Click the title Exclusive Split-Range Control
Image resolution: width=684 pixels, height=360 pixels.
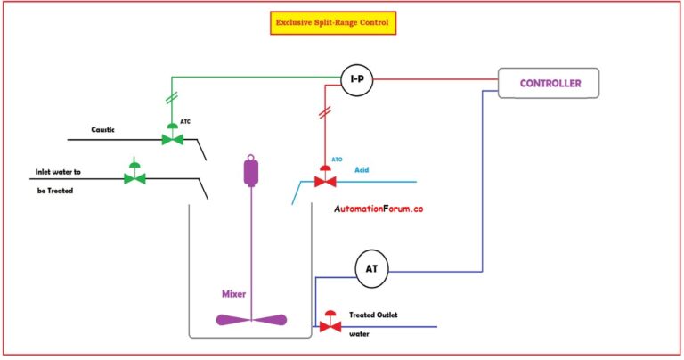point(332,23)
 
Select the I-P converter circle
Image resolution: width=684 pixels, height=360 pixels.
point(356,81)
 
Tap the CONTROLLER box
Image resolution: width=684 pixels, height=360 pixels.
point(550,84)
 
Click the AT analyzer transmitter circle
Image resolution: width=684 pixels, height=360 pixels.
point(371,268)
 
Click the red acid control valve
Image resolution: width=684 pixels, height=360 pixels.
point(325,181)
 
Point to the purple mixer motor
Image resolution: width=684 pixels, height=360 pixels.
point(250,170)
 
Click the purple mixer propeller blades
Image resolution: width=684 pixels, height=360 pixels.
point(250,320)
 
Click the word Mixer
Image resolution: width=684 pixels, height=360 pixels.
point(235,293)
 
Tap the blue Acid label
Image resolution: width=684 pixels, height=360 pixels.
point(363,169)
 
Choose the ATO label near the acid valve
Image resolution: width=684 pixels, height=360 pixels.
point(337,160)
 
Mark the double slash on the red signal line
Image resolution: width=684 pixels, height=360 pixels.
point(324,113)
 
